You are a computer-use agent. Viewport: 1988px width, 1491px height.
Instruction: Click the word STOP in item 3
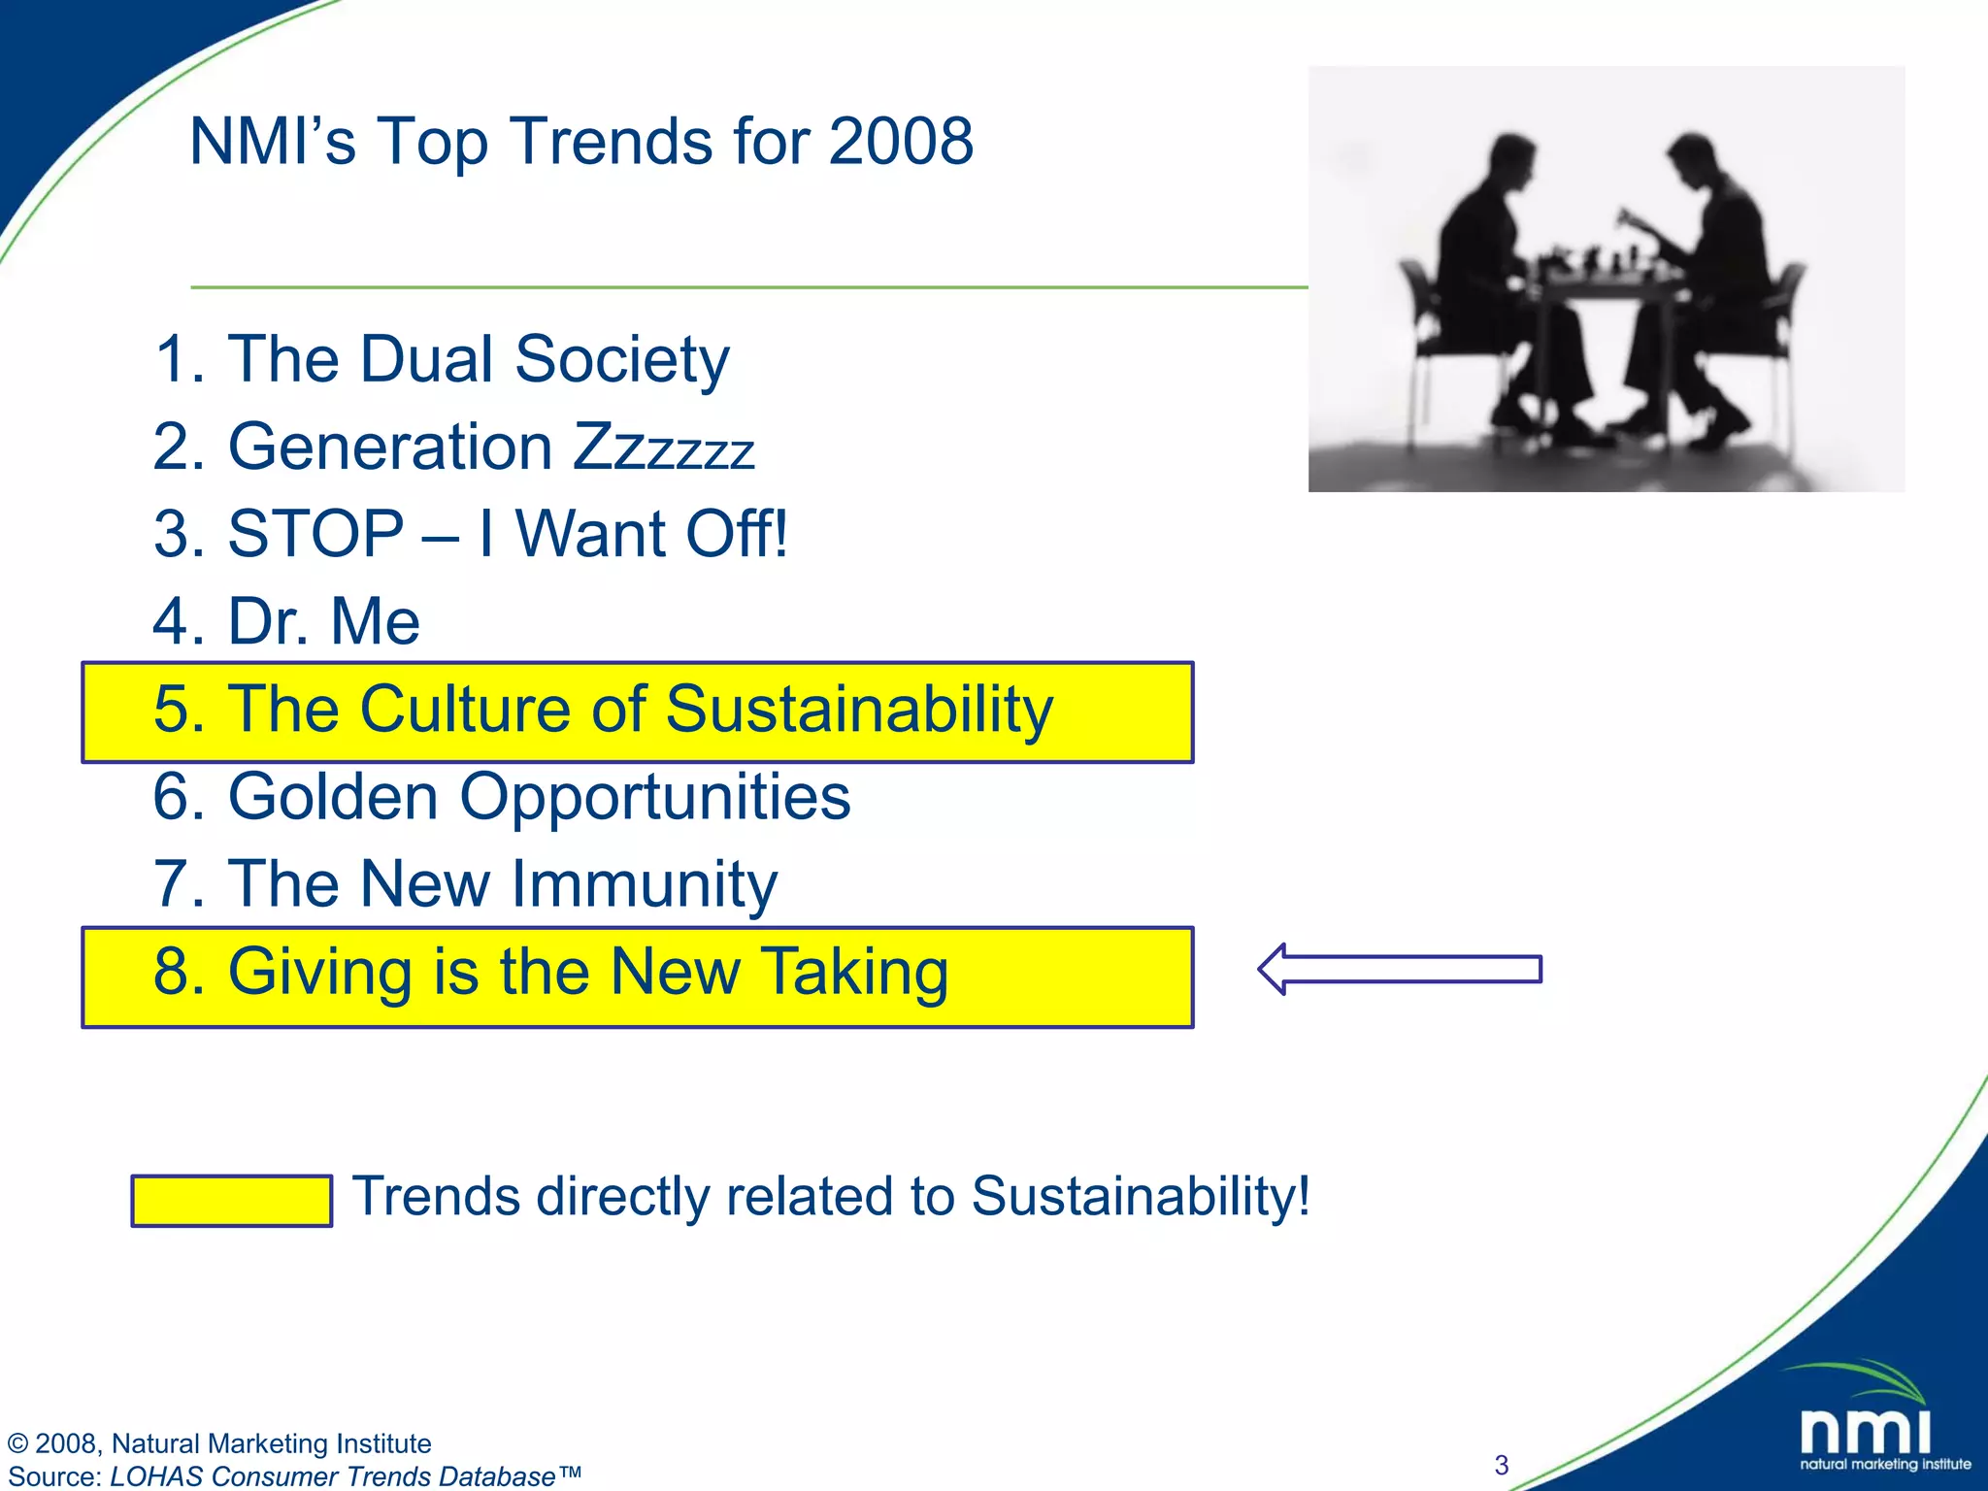click(x=315, y=534)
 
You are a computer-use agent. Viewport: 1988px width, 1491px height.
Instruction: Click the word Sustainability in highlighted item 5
click(x=858, y=709)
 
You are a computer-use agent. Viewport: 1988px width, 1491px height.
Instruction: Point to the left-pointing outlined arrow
click(x=1400, y=969)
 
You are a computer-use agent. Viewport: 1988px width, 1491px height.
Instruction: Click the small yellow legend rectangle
click(x=231, y=1201)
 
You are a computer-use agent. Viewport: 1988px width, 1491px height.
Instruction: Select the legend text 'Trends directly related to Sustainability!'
click(x=830, y=1196)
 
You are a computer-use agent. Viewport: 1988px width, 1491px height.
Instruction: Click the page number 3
click(x=1502, y=1465)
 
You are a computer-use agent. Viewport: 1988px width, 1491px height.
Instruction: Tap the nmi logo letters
click(x=1865, y=1431)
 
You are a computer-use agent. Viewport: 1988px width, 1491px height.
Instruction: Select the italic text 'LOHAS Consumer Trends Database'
click(x=333, y=1476)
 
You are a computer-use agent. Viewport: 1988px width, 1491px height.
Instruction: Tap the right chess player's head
click(x=1693, y=160)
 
